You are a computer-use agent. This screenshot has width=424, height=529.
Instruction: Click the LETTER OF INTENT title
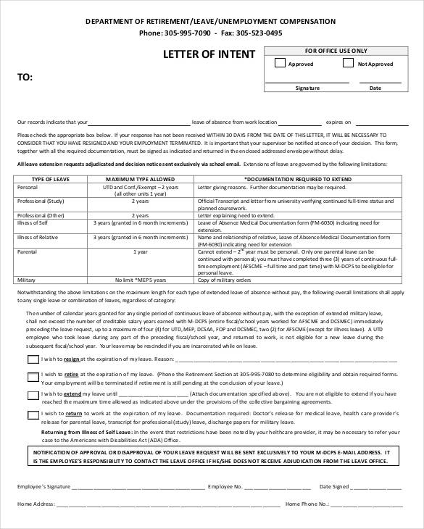pos(209,54)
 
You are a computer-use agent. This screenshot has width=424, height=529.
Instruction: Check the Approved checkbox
pos(280,64)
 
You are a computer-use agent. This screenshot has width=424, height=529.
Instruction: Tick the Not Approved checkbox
pos(348,64)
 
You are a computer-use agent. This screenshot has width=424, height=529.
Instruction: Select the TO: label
pos(25,76)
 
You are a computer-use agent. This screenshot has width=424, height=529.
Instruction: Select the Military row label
pos(27,280)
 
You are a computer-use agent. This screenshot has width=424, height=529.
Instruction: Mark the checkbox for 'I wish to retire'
pos(33,375)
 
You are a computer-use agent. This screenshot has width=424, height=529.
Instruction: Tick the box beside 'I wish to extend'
pos(33,395)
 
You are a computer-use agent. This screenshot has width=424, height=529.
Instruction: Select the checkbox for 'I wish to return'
pos(33,415)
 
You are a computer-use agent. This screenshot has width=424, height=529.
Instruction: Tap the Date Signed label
pos(336,488)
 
